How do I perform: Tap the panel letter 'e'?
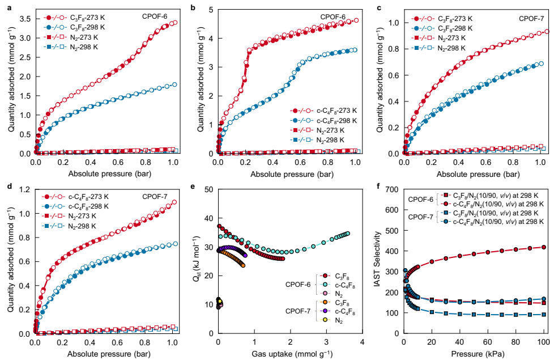(194, 188)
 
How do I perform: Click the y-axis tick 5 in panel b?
(210, 10)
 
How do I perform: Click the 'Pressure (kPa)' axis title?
(474, 354)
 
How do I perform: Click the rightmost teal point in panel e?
(347, 233)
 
